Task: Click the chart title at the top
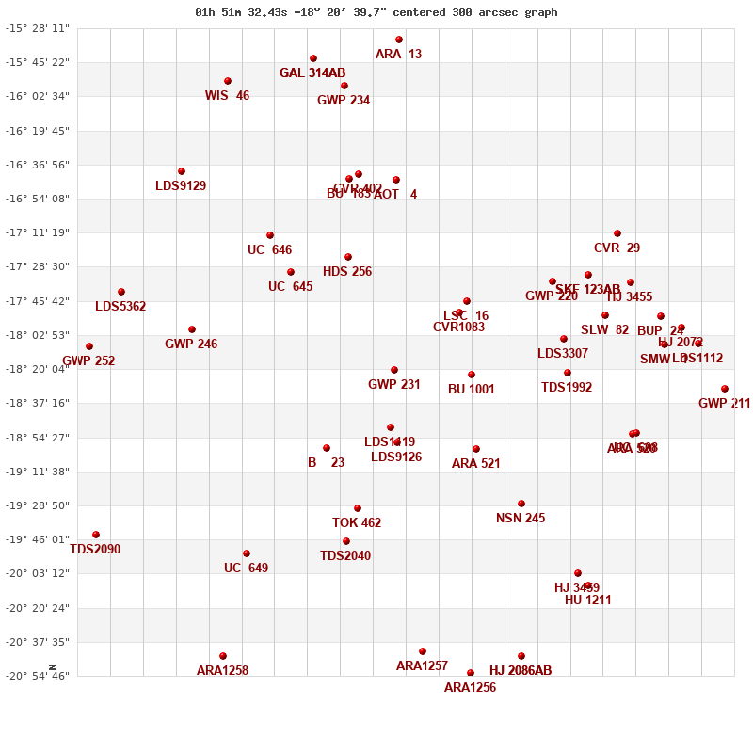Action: [376, 12]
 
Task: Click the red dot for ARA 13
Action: [399, 40]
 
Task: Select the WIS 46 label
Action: [227, 95]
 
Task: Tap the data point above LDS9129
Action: [182, 171]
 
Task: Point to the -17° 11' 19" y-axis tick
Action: [39, 232]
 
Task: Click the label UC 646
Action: [269, 249]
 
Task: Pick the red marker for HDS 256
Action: [348, 257]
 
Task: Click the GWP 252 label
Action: [88, 360]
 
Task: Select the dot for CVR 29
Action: [617, 233]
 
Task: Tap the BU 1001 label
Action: [471, 389]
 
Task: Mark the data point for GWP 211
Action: [725, 389]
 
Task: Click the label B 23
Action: [326, 462]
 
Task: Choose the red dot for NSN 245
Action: [521, 504]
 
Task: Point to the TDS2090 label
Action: [95, 549]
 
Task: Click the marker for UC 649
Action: [247, 553]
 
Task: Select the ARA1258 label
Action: [222, 670]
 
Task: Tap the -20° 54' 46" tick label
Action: [39, 676]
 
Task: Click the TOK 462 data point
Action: [358, 508]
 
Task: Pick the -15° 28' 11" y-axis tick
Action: [39, 28]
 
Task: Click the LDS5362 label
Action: [120, 306]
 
